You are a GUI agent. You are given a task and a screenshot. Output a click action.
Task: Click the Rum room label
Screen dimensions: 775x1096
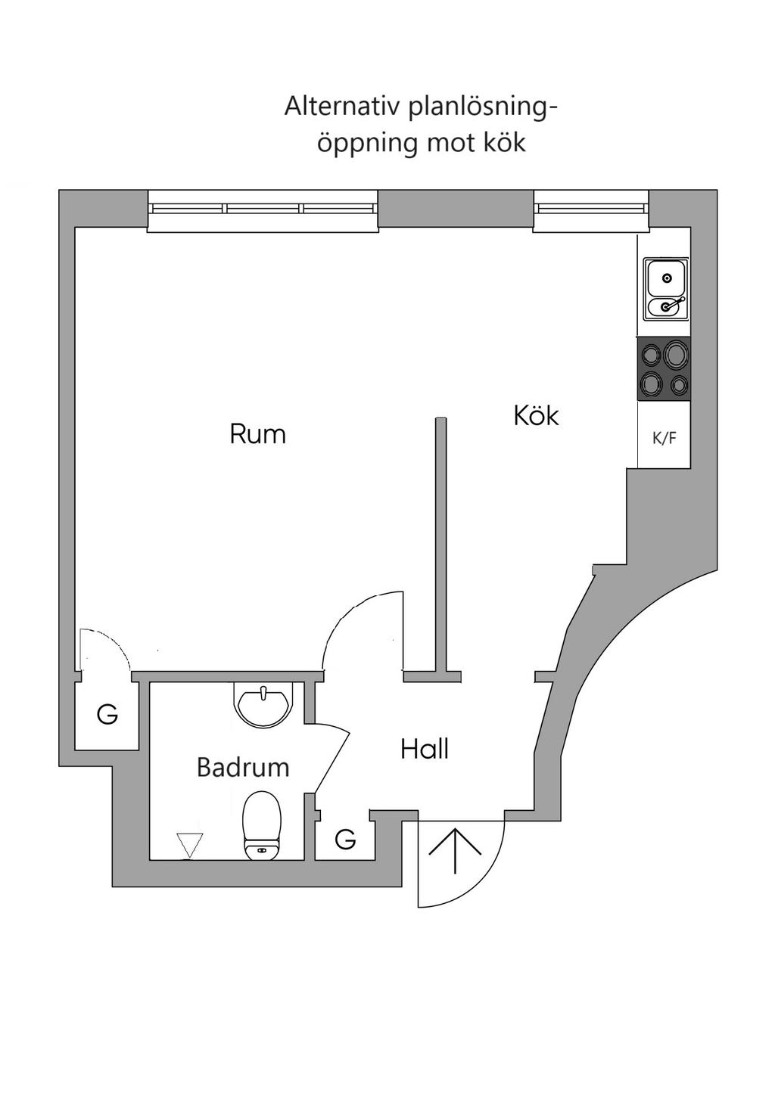(257, 434)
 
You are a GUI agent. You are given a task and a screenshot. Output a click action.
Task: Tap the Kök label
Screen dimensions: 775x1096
(536, 415)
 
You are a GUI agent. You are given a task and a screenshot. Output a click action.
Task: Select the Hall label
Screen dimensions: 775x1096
(425, 749)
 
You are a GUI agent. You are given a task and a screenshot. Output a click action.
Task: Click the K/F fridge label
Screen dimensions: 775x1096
(664, 439)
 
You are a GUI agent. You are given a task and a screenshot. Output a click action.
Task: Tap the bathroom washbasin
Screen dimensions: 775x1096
(264, 706)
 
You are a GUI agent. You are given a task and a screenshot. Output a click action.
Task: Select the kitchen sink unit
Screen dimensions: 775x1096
(666, 290)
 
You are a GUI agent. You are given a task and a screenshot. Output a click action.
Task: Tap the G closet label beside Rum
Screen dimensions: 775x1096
(107, 715)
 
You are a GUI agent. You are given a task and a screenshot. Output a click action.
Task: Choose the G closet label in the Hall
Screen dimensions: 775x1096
(345, 840)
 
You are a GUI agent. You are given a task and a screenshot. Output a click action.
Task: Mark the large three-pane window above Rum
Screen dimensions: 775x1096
(263, 211)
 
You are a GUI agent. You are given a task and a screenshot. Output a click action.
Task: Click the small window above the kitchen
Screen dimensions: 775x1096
(591, 211)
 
